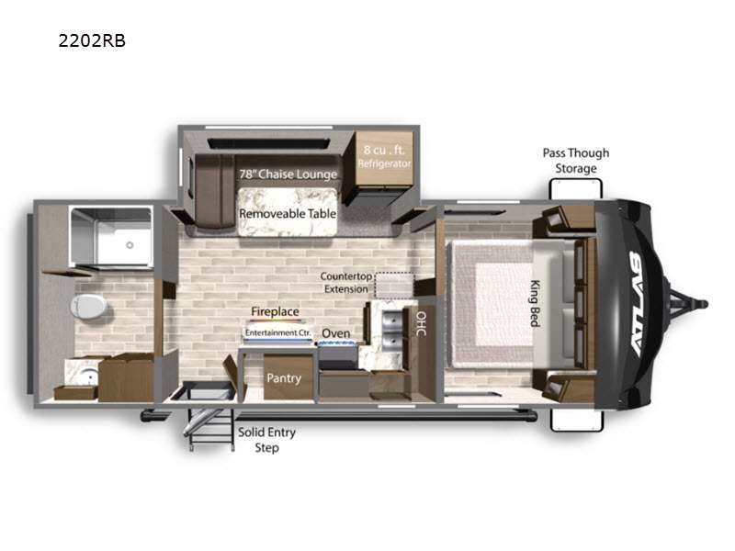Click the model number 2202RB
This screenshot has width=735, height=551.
[x=92, y=40]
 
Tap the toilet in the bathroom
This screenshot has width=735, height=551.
[x=88, y=307]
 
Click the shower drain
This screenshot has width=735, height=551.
[x=130, y=245]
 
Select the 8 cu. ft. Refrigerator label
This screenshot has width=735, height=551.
[x=384, y=156]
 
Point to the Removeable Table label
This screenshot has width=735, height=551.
[x=288, y=214]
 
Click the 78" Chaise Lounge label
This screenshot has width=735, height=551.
[x=288, y=174]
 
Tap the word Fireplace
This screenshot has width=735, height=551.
[x=275, y=311]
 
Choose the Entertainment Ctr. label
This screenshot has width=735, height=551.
[x=278, y=332]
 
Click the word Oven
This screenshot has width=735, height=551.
[x=335, y=333]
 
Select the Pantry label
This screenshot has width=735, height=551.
[x=284, y=378]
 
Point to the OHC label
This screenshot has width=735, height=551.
[x=421, y=323]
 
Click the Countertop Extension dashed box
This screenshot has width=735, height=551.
[x=395, y=286]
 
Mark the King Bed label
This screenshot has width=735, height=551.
[x=535, y=303]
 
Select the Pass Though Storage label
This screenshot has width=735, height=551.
[x=576, y=161]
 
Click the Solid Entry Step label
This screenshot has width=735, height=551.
[x=266, y=440]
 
